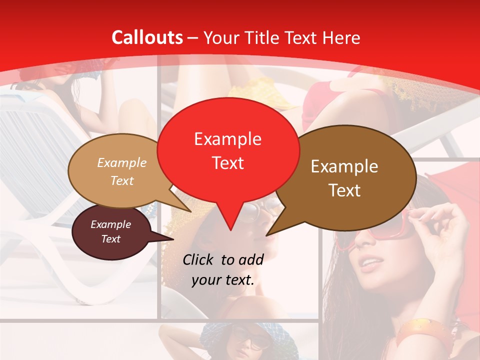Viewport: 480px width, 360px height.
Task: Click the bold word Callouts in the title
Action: click(x=147, y=37)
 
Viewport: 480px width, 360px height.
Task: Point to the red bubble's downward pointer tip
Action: click(x=230, y=229)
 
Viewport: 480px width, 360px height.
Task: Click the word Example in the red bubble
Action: click(x=227, y=139)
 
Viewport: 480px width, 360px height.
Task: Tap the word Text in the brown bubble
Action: click(x=345, y=190)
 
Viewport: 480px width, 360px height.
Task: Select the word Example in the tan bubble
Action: click(x=122, y=162)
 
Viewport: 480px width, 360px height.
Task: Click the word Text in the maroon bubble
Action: click(x=111, y=239)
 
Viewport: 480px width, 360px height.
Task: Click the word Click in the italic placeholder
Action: click(x=199, y=259)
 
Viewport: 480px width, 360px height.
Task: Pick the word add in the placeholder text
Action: click(x=251, y=259)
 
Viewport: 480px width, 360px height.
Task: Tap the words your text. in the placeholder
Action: click(x=223, y=280)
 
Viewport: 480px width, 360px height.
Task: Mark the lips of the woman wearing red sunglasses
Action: click(x=370, y=263)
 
